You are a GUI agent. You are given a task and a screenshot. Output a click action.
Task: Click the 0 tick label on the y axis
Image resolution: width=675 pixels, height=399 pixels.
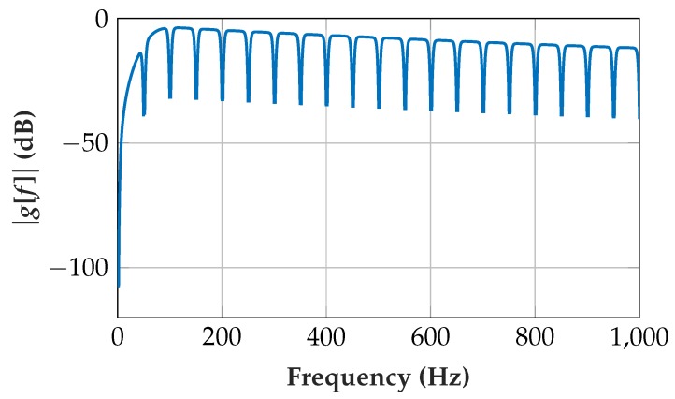[98, 20]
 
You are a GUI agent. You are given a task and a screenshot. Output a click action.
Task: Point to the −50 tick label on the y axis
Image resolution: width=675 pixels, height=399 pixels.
[82, 143]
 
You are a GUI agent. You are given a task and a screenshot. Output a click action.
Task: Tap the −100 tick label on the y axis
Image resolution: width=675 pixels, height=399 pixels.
[76, 268]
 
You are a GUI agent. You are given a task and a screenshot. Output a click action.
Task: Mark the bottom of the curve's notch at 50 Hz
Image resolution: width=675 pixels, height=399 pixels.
[144, 115]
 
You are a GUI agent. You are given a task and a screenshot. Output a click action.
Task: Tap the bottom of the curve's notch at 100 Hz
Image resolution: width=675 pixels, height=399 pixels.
[170, 97]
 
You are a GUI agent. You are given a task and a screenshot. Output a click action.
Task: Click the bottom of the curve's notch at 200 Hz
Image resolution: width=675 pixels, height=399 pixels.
[222, 100]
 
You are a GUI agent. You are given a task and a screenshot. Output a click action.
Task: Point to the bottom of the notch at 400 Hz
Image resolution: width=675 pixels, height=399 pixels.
[326, 105]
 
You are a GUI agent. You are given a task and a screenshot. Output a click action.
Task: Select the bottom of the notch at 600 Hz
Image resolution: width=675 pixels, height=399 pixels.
[431, 110]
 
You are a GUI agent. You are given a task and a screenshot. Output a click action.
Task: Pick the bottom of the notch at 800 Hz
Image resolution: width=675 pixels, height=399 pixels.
[535, 114]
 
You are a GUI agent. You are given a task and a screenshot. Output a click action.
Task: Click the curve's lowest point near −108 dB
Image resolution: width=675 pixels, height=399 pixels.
[119, 286]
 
